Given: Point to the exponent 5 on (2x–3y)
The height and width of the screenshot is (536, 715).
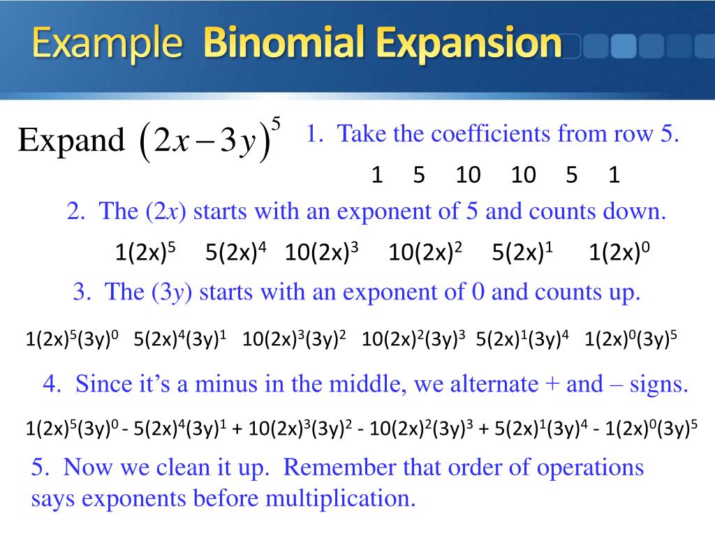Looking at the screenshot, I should [277, 124].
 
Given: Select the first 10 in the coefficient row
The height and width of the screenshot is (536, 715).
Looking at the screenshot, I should [469, 175].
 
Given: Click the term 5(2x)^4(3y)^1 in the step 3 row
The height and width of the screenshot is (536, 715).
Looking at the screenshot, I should [181, 340].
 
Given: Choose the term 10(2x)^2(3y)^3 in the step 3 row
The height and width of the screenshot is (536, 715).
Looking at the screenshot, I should [414, 340].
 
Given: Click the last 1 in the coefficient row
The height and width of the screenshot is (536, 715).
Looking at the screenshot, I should [614, 175].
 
